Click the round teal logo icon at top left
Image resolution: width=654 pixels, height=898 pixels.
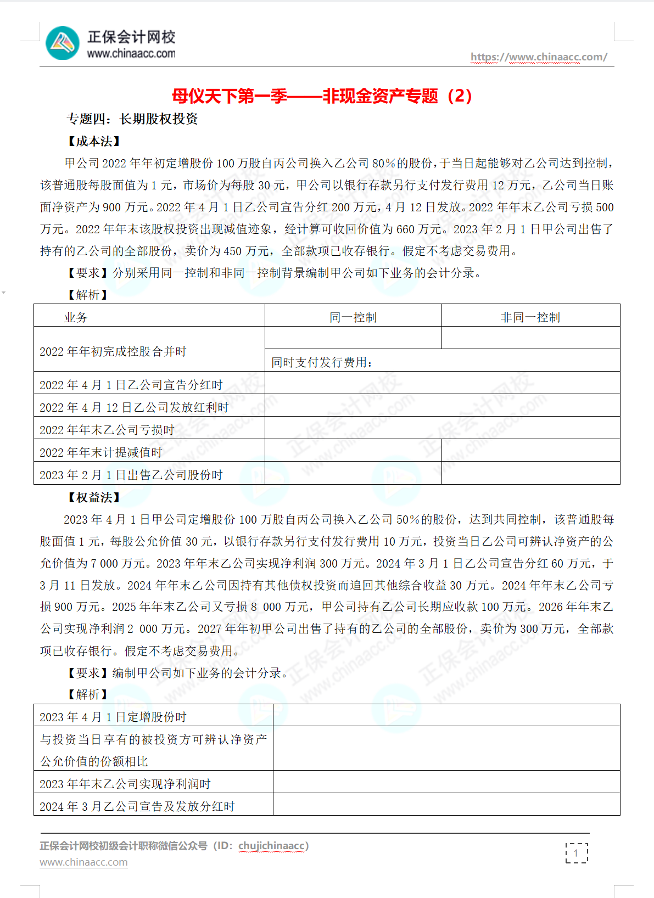(63, 43)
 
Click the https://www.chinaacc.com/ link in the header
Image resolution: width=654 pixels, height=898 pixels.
(539, 57)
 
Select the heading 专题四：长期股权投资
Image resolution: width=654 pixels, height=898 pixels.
(132, 119)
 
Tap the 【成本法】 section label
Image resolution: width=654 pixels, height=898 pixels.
(94, 141)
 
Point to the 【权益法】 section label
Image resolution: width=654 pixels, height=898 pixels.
(94, 497)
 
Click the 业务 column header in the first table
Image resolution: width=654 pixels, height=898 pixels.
(76, 317)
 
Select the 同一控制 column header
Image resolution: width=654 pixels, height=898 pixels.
(353, 317)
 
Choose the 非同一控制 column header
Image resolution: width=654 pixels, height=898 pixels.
(530, 317)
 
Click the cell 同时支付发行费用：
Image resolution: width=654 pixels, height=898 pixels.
(322, 362)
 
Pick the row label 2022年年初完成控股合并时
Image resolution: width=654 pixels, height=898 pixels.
(113, 351)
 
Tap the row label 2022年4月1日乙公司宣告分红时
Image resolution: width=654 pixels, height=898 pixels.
(131, 385)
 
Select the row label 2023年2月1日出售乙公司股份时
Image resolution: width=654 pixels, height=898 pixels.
(131, 475)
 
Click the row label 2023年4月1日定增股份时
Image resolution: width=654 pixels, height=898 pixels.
(113, 717)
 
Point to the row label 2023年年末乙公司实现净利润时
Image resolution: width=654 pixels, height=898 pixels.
(125, 784)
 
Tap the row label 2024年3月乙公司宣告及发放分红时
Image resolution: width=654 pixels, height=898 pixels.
(137, 806)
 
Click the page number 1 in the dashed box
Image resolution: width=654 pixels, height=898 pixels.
(576, 853)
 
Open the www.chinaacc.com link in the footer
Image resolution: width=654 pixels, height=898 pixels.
(83, 862)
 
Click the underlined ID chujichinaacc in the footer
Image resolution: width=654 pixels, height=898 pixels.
(271, 846)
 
